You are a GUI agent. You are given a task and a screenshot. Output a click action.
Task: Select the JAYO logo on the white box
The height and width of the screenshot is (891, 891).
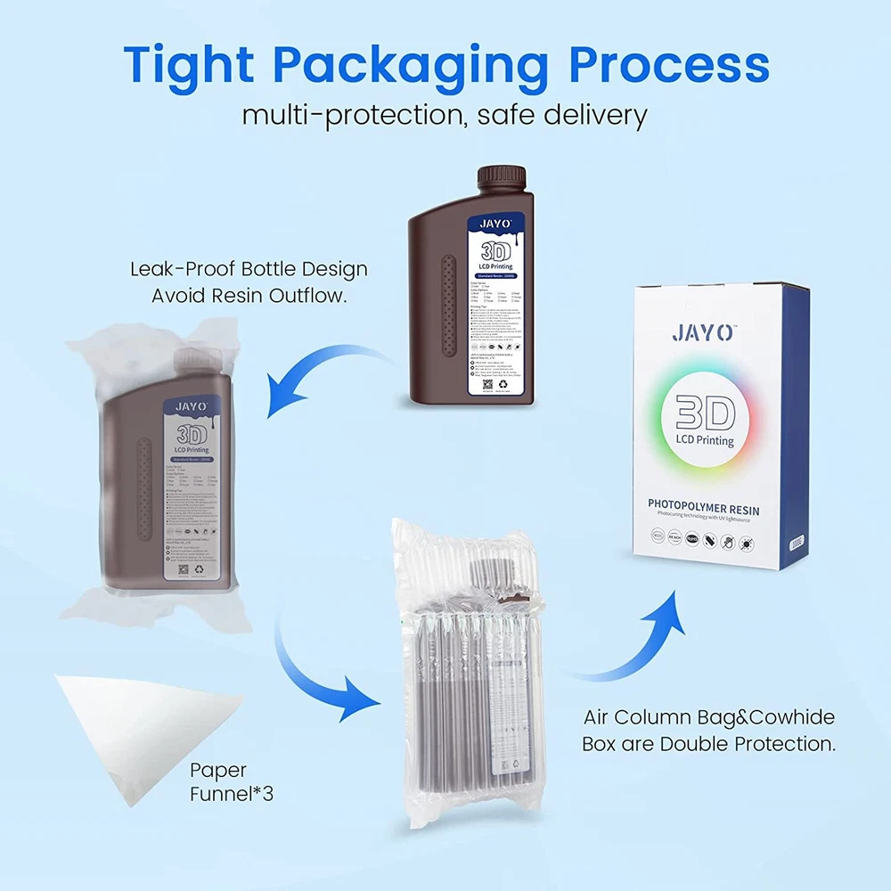pos(703,334)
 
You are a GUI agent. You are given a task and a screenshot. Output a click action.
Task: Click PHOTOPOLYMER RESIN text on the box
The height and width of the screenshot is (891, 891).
pos(704,505)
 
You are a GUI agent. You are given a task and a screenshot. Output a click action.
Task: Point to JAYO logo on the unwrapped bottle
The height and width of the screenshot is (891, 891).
pos(495,224)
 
